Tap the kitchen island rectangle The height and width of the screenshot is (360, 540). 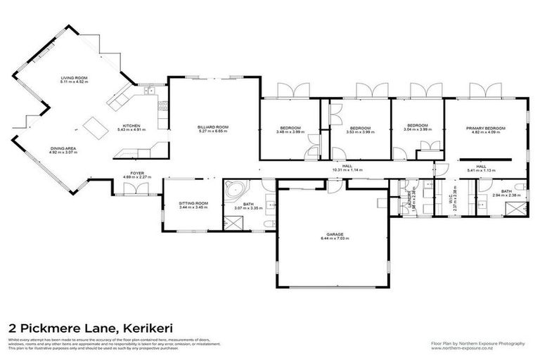[x=94, y=128]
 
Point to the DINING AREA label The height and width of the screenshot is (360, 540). [x=64, y=148]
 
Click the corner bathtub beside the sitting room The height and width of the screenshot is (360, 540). [x=233, y=191]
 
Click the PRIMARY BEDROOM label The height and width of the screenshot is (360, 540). [x=486, y=128]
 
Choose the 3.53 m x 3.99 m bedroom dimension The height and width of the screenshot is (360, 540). [x=360, y=131]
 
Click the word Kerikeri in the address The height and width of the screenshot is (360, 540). [x=150, y=328]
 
